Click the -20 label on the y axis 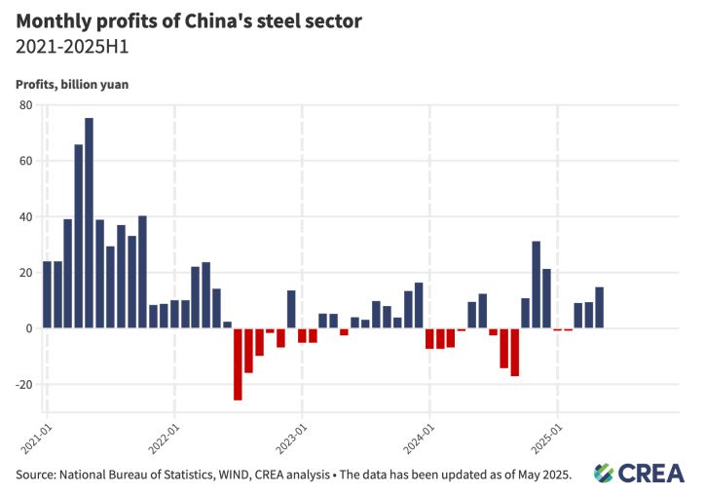coord(22,384)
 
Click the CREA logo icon coord(605,473)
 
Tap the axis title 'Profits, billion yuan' coord(72,84)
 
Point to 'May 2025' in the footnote coord(540,475)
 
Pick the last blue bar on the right coord(599,308)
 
